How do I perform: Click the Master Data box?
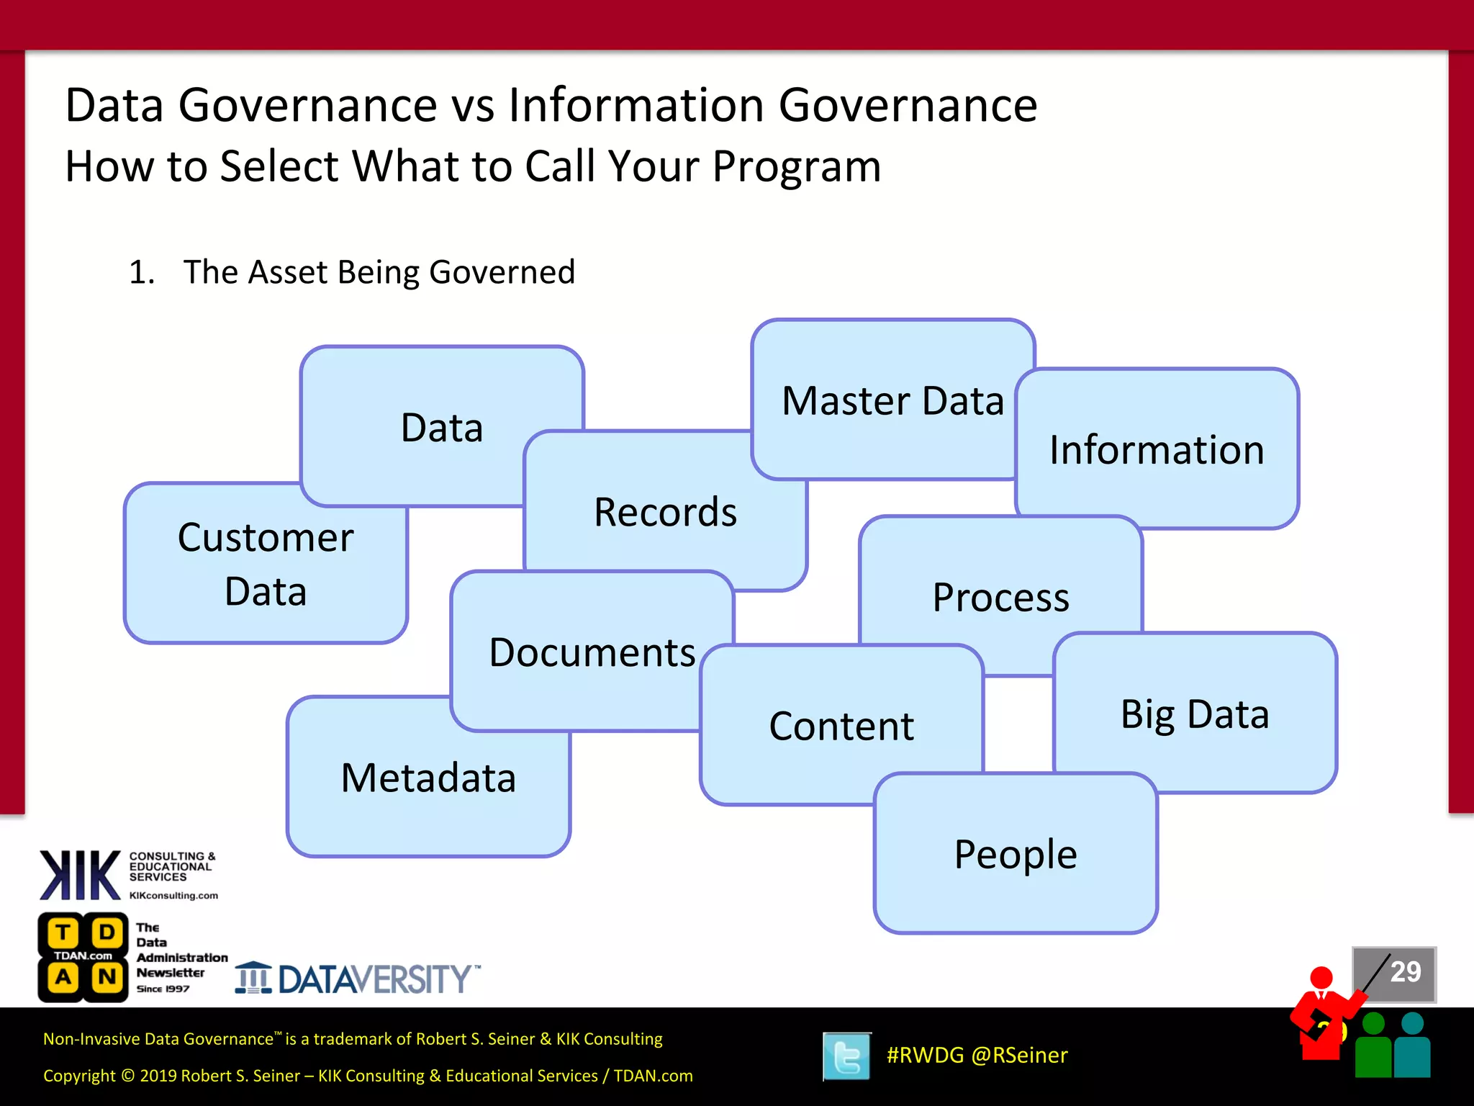pyautogui.click(x=892, y=400)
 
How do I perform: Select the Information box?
pyautogui.click(x=1157, y=450)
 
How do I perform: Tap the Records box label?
pyautogui.click(x=665, y=512)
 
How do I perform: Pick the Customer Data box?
pyautogui.click(x=266, y=564)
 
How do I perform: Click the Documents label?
pyautogui.click(x=592, y=652)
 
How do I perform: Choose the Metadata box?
pyautogui.click(x=428, y=778)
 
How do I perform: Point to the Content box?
pyautogui.click(x=841, y=726)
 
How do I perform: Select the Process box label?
pyautogui.click(x=1000, y=597)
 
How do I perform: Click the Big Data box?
pyautogui.click(x=1195, y=714)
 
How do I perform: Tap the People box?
pyautogui.click(x=1016, y=854)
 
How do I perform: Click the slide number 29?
pyautogui.click(x=1405, y=972)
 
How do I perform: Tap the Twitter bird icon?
pyautogui.click(x=846, y=1056)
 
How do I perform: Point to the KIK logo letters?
pyautogui.click(x=80, y=875)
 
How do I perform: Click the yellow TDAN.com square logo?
pyautogui.click(x=83, y=957)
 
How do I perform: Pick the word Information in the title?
pyautogui.click(x=636, y=105)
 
